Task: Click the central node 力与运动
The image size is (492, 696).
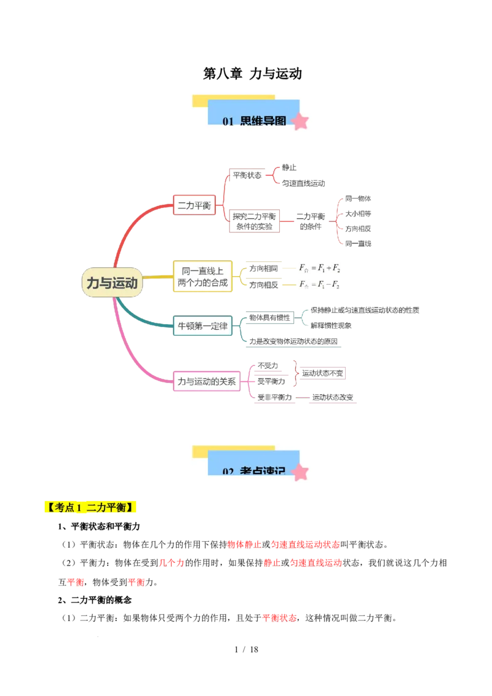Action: (112, 283)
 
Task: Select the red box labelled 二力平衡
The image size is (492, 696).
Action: (194, 205)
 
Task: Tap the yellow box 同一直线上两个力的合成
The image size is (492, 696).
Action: (203, 276)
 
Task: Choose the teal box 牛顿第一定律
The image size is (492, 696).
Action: (202, 326)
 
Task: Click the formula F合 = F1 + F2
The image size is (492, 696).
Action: (320, 268)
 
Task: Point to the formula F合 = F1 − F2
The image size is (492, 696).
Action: (320, 284)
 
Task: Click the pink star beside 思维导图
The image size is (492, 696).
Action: (300, 121)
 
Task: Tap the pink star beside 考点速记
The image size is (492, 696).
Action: (300, 472)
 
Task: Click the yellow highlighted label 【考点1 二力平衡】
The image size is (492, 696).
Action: (90, 508)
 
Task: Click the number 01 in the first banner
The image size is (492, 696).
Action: (228, 122)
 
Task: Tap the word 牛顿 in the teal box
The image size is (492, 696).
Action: (186, 326)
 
